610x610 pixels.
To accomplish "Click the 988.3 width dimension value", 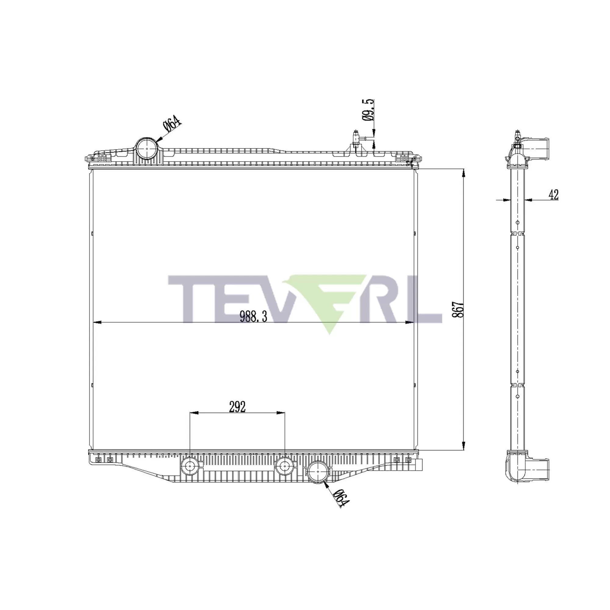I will tap(253, 316).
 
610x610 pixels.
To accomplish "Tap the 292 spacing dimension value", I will tap(237, 407).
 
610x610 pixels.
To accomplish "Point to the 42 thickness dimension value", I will tap(554, 195).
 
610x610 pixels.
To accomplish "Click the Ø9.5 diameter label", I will tap(368, 109).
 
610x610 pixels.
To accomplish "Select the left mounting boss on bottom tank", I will tap(189, 465).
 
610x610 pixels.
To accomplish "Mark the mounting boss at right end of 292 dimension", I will tap(285, 465).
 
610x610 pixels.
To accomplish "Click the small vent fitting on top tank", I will tap(356, 139).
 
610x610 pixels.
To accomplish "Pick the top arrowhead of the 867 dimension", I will tap(464, 174).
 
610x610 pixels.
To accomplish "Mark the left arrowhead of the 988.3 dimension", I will tap(96, 322).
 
